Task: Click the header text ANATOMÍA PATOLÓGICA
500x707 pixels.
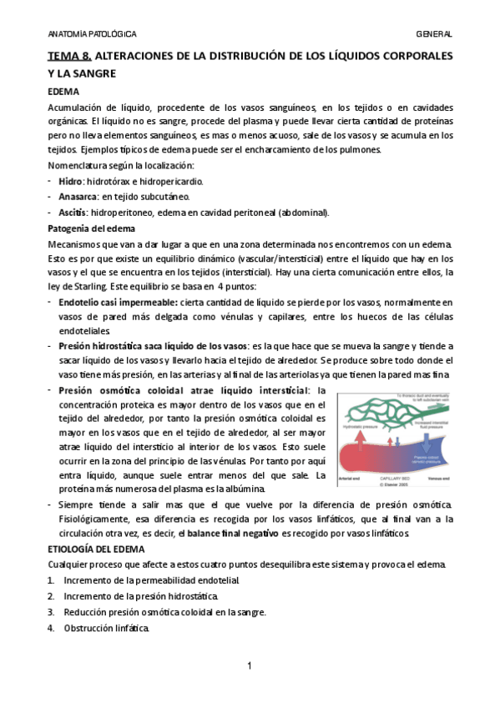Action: (x=91, y=34)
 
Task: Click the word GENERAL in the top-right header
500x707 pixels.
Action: (x=434, y=34)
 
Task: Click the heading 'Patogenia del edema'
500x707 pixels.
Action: (x=92, y=228)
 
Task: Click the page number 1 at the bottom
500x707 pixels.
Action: (x=250, y=666)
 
